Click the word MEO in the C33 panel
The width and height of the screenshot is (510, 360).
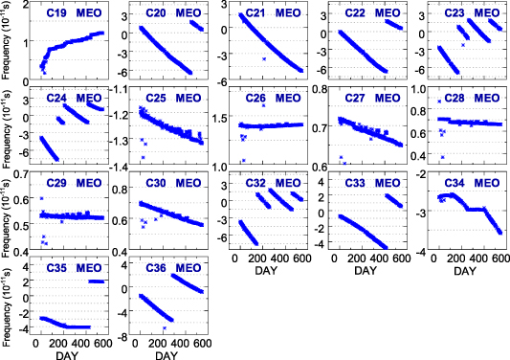[x=388, y=182]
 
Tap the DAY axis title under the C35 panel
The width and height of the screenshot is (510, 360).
[x=66, y=357]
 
